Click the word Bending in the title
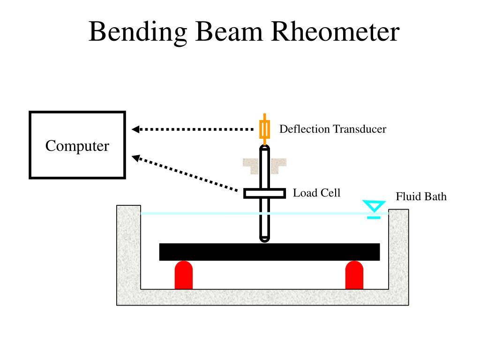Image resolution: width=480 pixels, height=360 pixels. click(138, 32)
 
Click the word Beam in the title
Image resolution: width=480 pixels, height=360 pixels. click(229, 31)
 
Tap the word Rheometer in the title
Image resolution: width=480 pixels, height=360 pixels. click(335, 31)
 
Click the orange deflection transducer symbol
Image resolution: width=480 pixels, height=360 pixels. click(264, 129)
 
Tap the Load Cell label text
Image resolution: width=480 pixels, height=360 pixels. click(316, 193)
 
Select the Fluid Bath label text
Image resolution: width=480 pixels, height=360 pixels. click(421, 196)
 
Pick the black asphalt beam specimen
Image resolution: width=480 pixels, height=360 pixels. click(270, 252)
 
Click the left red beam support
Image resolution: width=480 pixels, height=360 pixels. click(184, 275)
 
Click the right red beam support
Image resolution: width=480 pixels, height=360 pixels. click(354, 275)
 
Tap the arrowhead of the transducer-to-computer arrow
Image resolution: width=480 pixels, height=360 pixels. click(135, 129)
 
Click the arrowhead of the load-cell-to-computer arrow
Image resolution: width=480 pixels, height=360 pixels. click(135, 158)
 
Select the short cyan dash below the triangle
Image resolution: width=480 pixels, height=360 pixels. click(374, 217)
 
